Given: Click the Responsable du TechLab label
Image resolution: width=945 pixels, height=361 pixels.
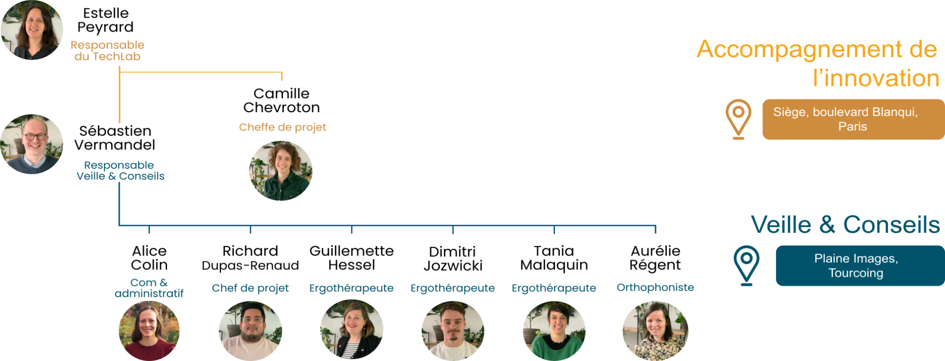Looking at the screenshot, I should coord(107,51).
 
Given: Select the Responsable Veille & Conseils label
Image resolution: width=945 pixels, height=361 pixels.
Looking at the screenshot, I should coord(119,171).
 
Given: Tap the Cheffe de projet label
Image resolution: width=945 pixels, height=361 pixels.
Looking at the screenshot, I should coord(282,127).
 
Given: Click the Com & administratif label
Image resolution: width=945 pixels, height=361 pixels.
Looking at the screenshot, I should coord(149,288).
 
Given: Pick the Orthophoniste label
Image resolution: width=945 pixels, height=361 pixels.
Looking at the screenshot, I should coord(655,288).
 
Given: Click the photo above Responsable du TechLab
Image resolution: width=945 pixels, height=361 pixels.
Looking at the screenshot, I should coord(31,30).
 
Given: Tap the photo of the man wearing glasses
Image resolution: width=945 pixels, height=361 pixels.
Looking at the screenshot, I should coord(32,144).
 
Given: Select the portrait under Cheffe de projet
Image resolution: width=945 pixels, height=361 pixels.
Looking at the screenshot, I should coord(281,171).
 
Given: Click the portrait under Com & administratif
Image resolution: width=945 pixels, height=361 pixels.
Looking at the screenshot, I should coord(149,330).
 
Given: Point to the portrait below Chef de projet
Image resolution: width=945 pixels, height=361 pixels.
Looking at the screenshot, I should coord(250,330).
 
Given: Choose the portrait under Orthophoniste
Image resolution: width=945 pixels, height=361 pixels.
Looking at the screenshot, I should coord(655,330).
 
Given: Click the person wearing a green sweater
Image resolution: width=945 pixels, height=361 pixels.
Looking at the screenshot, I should coord(554,330).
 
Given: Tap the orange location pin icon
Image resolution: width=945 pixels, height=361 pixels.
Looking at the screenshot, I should coord(738,118).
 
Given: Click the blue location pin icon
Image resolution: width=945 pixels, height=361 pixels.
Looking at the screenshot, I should coord(746,265).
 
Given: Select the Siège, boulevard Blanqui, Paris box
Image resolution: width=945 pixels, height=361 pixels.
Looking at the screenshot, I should coord(853,119).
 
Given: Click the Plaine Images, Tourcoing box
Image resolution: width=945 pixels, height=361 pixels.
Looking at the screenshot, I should coord(859,266).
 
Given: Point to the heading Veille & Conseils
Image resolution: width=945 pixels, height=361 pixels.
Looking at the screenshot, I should coord(845,225).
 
